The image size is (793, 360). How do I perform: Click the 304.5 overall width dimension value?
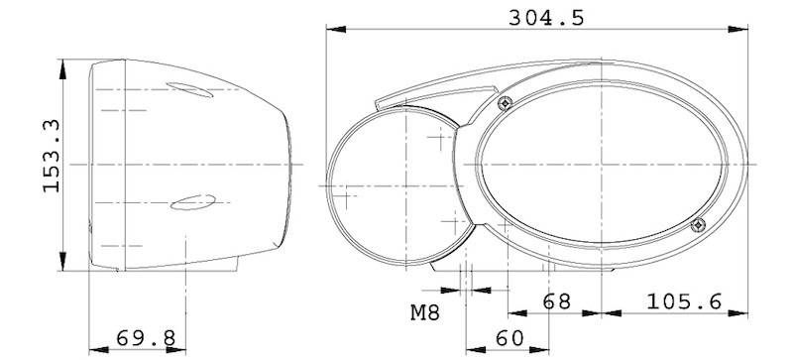pyautogui.click(x=543, y=17)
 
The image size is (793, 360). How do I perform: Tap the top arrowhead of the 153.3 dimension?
pyautogui.click(x=64, y=64)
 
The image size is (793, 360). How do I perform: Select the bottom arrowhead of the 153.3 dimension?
pyautogui.click(x=64, y=265)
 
